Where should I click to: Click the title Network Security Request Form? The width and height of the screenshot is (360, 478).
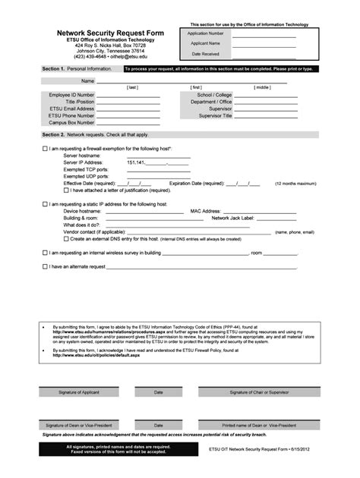click(x=100, y=34)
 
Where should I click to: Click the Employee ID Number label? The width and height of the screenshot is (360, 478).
click(x=72, y=95)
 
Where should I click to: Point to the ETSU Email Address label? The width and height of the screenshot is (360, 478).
click(x=72, y=108)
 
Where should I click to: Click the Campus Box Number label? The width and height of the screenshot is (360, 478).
click(x=72, y=122)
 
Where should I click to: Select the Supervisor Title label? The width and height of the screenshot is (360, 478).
click(x=216, y=115)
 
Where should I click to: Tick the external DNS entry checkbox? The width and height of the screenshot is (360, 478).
click(x=66, y=239)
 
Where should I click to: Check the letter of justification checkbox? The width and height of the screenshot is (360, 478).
click(x=66, y=190)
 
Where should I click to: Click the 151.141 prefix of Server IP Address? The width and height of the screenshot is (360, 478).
click(x=136, y=162)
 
